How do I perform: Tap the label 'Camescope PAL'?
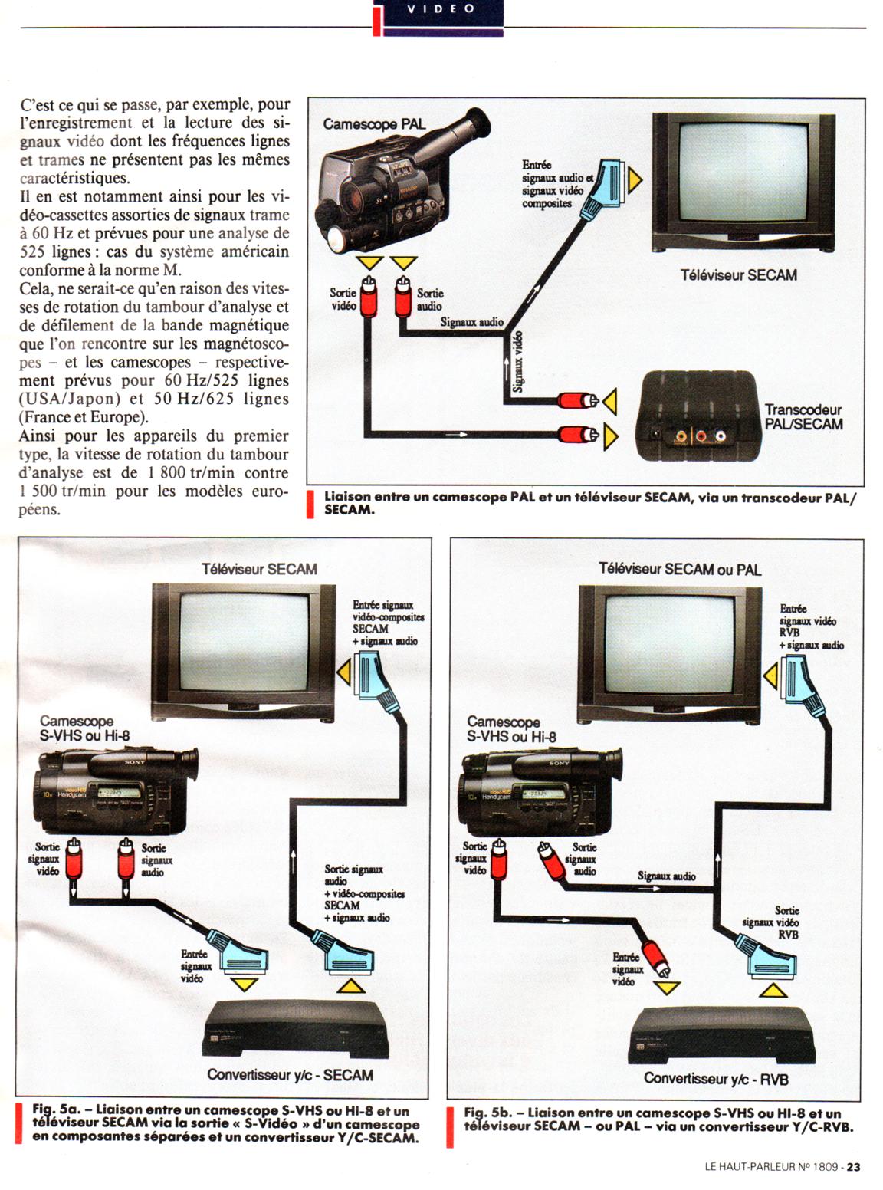tap(373, 124)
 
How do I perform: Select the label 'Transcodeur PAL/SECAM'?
tap(803, 417)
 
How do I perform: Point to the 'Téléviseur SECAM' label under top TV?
tap(738, 274)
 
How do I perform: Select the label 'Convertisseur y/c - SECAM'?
tap(290, 1074)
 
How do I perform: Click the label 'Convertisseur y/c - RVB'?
tap(716, 1078)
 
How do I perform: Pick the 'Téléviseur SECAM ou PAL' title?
tap(680, 569)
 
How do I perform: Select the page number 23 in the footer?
tap(852, 1167)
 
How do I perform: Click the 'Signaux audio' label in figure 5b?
tap(667, 876)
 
